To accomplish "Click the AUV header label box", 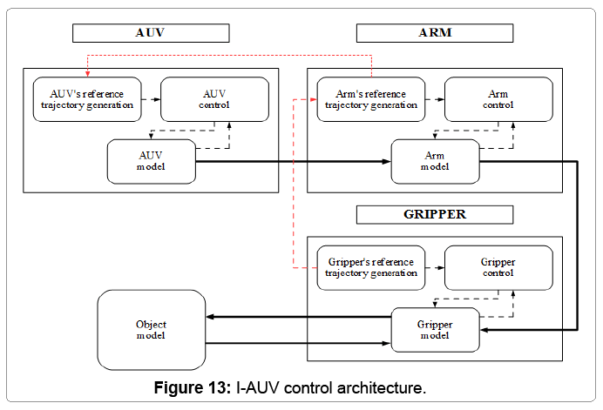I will click(x=150, y=33).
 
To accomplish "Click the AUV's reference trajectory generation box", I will click(x=85, y=99).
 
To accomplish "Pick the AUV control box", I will click(x=215, y=99).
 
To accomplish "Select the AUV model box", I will click(x=151, y=161).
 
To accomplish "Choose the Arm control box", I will click(x=498, y=99).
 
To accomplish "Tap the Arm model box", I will click(x=435, y=161).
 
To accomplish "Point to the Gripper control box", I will click(x=498, y=267).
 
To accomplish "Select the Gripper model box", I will click(x=435, y=330).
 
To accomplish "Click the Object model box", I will click(x=151, y=330).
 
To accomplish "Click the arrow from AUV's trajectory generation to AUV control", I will click(x=150, y=99).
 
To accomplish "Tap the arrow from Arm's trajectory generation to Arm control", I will click(x=435, y=99).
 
